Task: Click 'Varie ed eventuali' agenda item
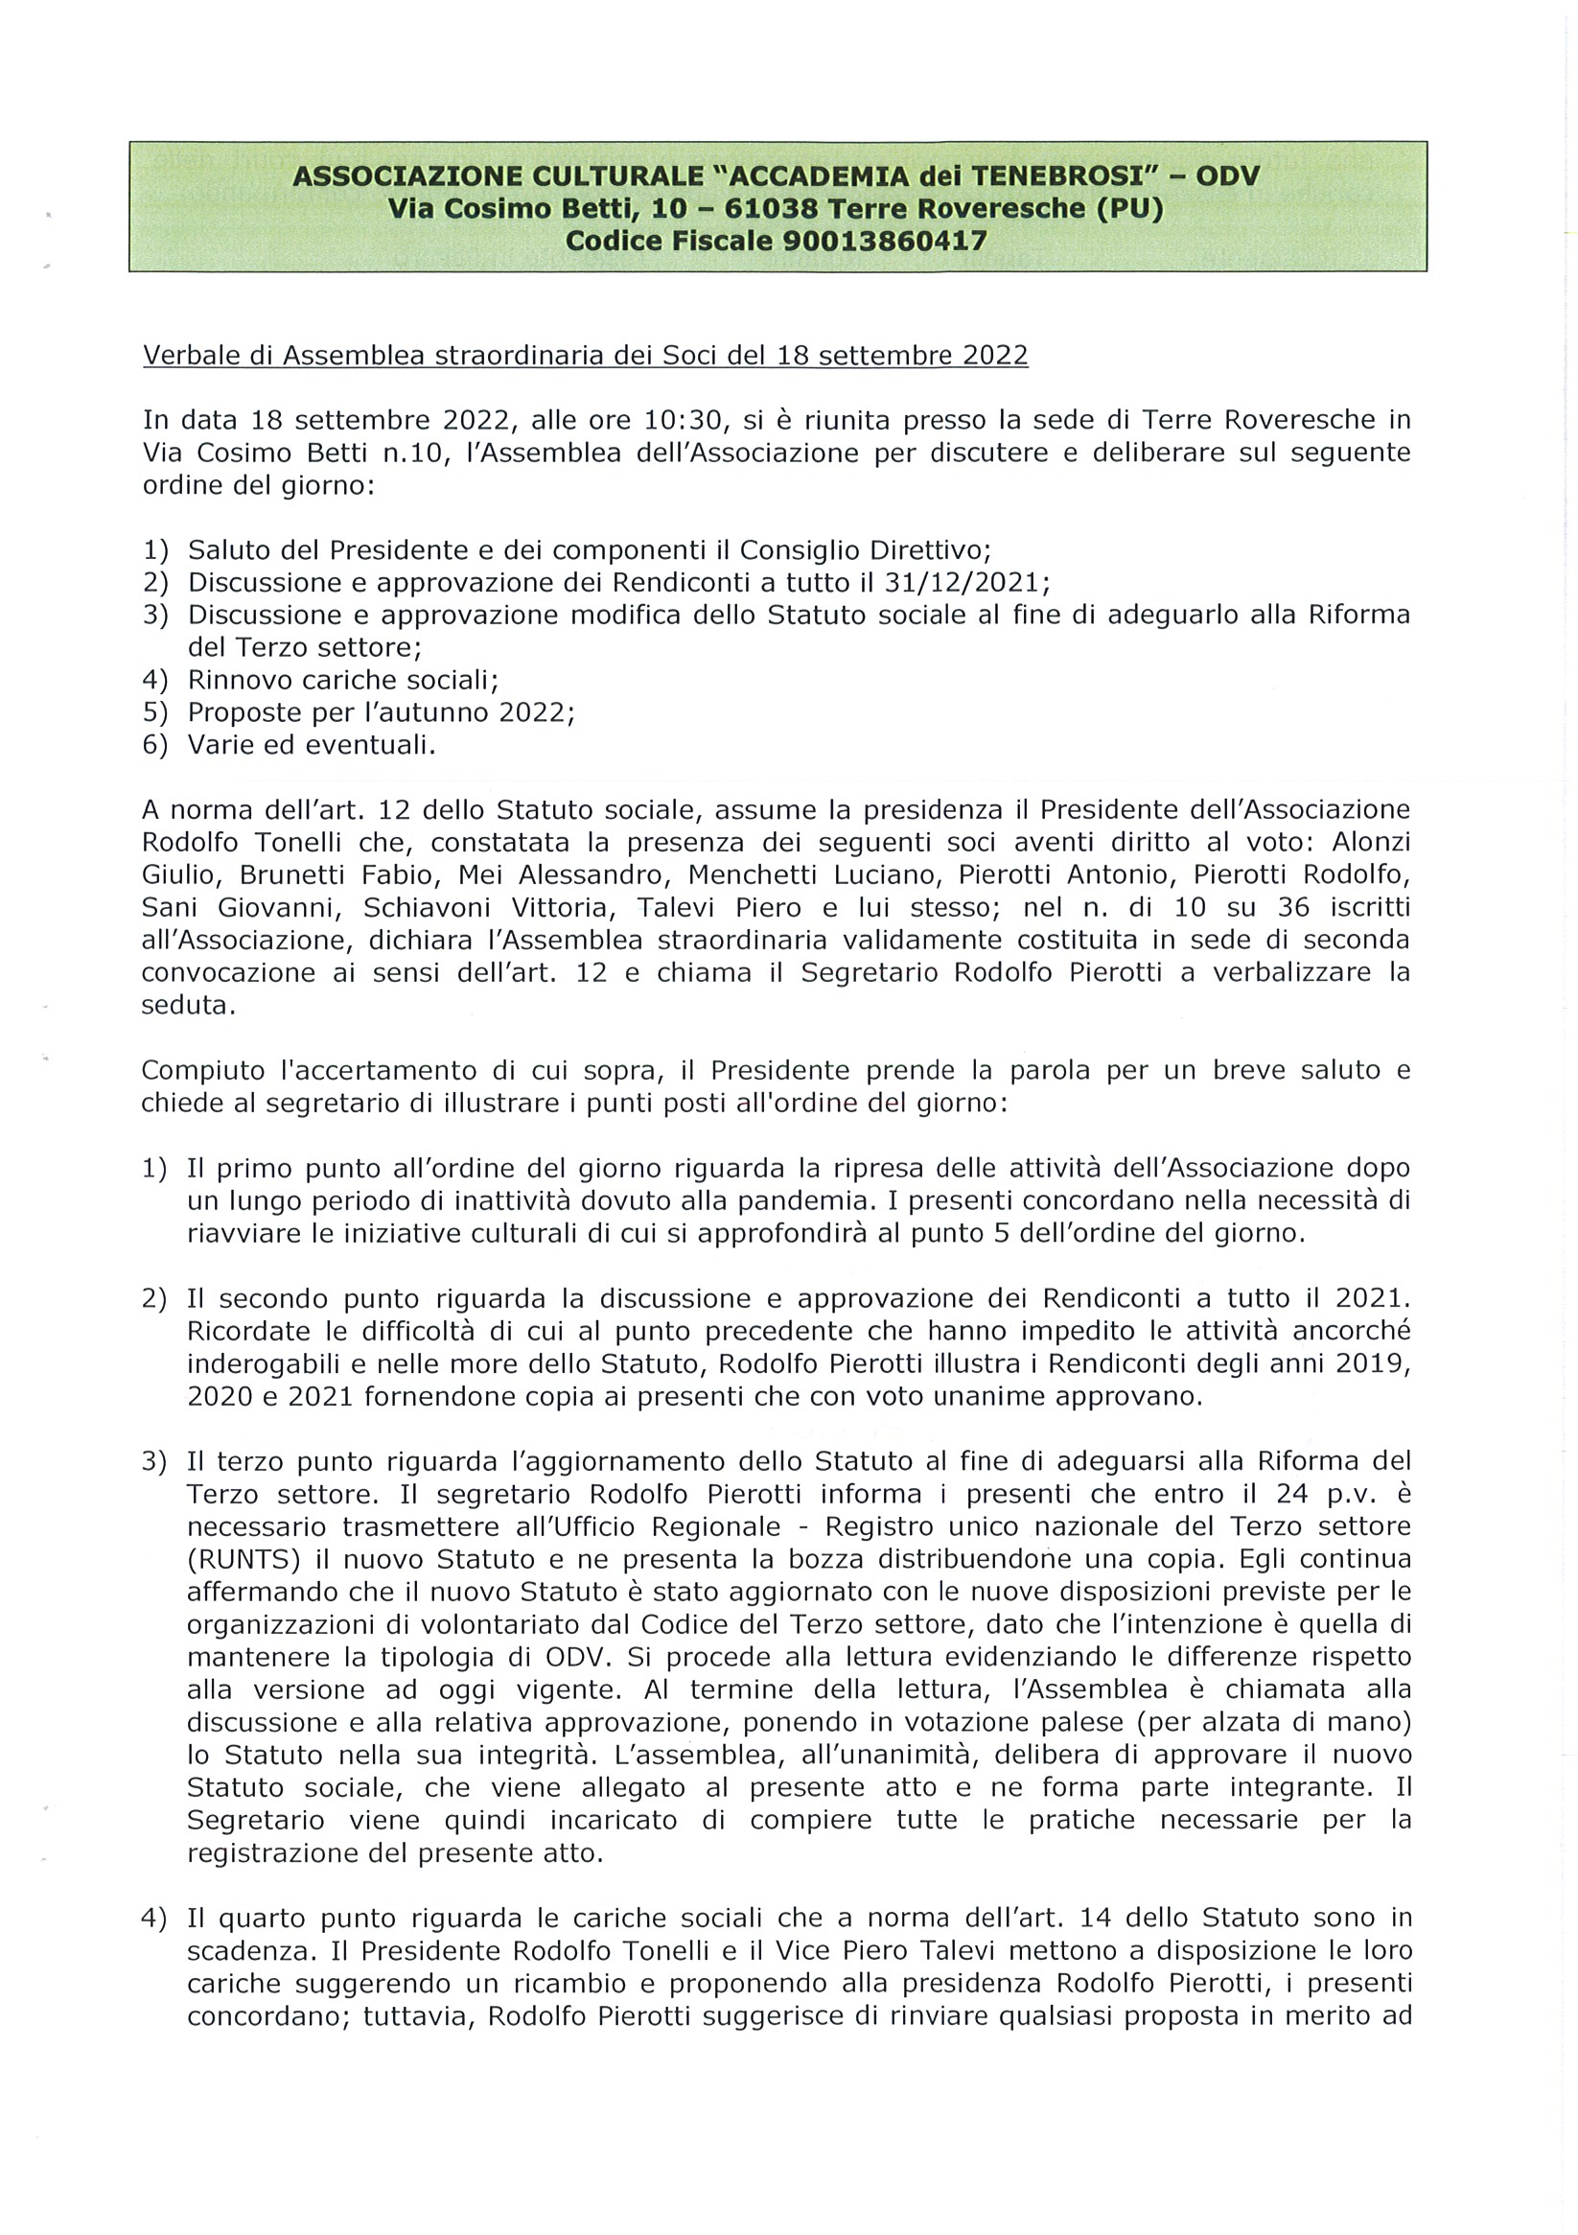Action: coord(311,745)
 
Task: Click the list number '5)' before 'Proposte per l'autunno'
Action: coord(155,712)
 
